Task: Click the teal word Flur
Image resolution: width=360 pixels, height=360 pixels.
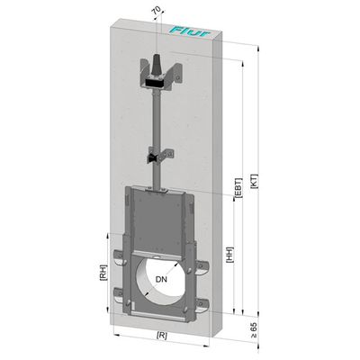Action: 191,31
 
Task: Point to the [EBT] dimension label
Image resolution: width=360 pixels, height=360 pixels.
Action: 238,188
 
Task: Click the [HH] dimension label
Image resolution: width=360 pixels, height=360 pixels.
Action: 229,255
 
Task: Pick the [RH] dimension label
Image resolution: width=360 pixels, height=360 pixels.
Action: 103,273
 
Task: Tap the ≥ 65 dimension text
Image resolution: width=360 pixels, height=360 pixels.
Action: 254,330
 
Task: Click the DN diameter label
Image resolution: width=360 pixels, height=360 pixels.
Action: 161,280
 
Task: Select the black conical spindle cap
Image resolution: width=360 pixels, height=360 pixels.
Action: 157,64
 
